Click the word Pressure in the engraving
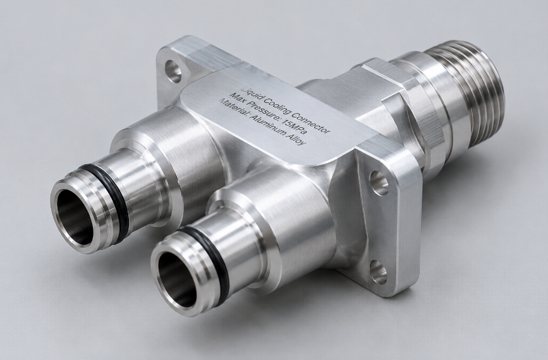pos(263,114)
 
